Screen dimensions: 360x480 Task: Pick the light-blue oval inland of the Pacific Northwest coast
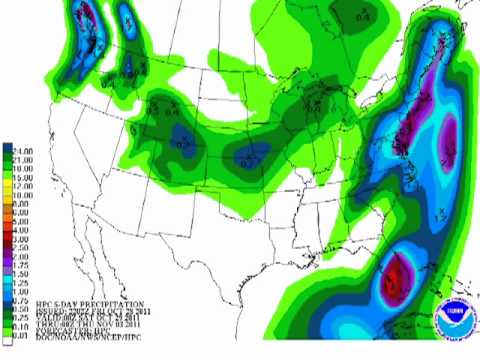click(x=126, y=20)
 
